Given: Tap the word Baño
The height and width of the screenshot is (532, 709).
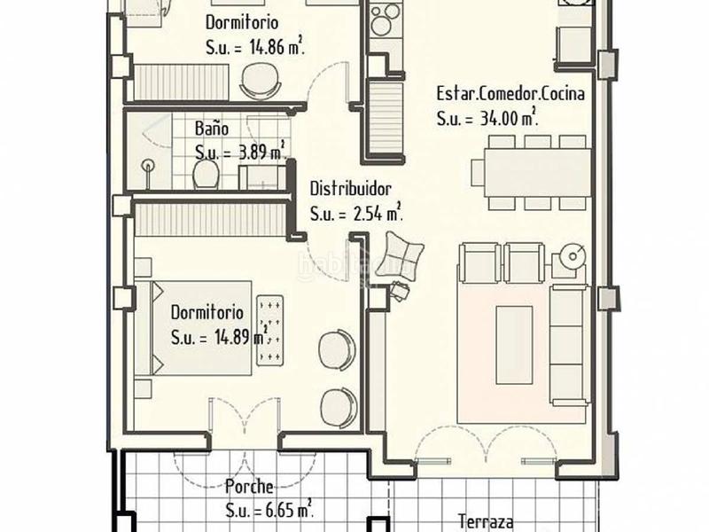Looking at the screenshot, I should coord(211,129).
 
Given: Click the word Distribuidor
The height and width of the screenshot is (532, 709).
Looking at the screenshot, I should coord(350,189).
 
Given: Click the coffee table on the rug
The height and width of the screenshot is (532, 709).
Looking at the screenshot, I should coord(514,332).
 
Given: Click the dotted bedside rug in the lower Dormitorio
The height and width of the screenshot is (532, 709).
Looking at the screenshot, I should coord(270,330).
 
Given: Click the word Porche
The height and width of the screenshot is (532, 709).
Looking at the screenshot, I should coord(248,486).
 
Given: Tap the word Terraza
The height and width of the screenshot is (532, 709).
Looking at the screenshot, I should coord(486,522).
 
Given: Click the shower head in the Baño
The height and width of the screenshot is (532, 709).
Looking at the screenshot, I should coord(147,165).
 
